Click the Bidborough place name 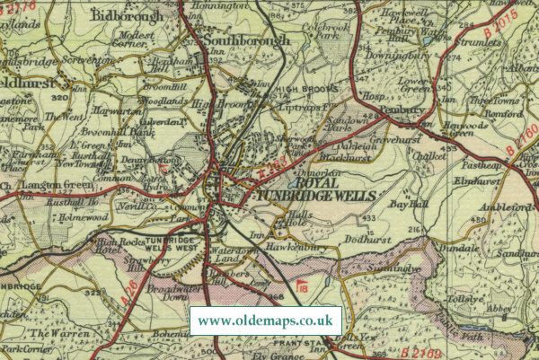coord(127,16)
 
